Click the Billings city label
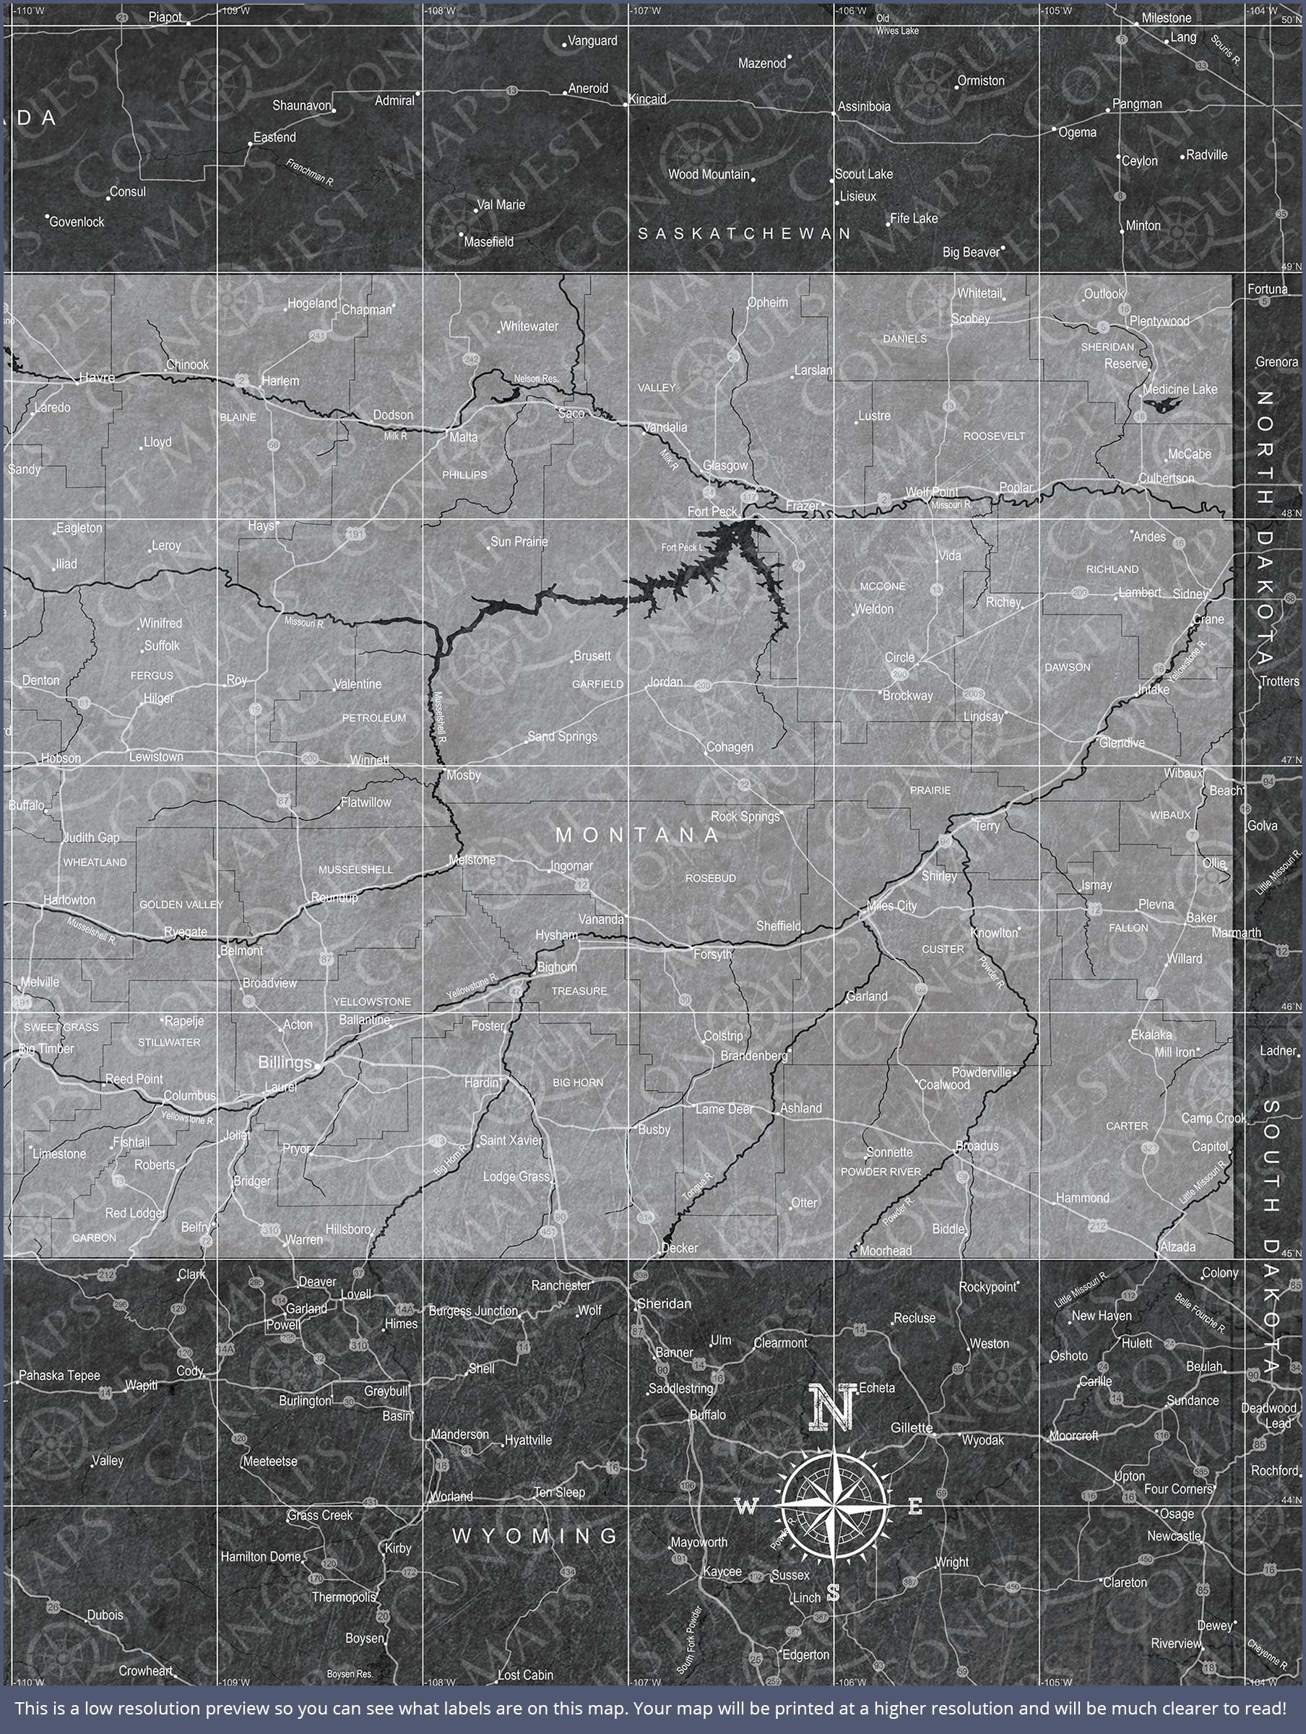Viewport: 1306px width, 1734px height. pos(285,1062)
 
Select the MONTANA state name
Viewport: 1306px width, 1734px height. pos(636,835)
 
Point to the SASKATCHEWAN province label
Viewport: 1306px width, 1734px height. pos(744,233)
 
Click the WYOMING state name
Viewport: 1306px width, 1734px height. pos(535,1535)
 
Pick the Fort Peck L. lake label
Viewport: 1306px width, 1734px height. pos(682,547)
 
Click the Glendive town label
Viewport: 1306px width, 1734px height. pos(1122,742)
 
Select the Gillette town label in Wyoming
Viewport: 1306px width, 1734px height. pos(911,1428)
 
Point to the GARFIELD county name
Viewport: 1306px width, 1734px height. pos(597,684)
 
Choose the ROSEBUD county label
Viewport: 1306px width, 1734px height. pos(710,878)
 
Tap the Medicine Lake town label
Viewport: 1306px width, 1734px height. pos(1180,389)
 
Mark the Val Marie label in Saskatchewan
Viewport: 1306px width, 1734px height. pos(501,204)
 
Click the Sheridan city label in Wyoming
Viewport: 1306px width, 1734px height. pos(664,1303)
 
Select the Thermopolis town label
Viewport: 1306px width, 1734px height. pos(344,1597)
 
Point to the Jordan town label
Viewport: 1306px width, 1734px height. pos(665,682)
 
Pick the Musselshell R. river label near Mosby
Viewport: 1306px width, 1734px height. pos(441,717)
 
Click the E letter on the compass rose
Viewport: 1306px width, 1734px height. pos(914,1506)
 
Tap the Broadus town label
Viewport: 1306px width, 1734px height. pos(977,1146)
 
